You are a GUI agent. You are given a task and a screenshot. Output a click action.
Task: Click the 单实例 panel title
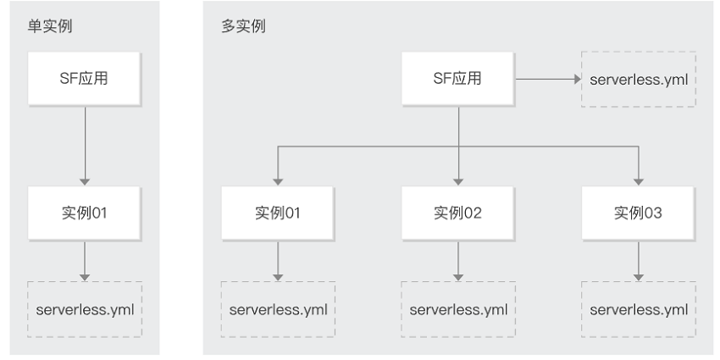click(50, 26)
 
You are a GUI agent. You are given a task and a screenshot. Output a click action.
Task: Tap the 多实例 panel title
click(243, 26)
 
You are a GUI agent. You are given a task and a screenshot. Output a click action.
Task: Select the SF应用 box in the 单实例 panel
click(85, 79)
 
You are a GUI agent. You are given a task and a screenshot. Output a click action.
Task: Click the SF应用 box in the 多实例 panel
click(457, 79)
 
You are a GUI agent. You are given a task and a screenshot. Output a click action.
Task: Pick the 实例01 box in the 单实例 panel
click(85, 213)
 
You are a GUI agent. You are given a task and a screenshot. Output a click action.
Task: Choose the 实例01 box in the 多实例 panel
click(278, 213)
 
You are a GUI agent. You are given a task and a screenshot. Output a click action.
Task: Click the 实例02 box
click(457, 213)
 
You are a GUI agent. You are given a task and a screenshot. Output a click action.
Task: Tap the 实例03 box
click(639, 213)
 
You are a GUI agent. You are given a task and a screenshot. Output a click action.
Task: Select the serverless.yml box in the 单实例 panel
click(85, 309)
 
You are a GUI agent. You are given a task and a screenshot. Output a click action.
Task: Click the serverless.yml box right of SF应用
click(639, 80)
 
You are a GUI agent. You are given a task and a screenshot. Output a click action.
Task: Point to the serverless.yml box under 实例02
click(458, 309)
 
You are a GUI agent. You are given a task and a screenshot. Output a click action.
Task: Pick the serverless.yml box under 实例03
click(639, 309)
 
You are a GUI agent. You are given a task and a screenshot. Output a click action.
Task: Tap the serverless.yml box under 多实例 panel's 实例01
click(278, 309)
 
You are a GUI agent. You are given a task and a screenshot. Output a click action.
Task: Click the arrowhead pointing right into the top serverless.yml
click(578, 79)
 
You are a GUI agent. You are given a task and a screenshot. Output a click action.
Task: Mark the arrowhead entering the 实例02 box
click(458, 182)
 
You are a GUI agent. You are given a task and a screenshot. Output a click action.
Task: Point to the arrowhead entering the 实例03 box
click(639, 182)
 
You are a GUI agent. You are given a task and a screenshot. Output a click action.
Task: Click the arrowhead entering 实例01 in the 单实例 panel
click(85, 182)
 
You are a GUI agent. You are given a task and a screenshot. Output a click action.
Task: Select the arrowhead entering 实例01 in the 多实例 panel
click(278, 182)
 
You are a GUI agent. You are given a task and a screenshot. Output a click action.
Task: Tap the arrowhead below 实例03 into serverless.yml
click(639, 277)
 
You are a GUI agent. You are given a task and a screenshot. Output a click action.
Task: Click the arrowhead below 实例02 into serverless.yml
click(458, 277)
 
